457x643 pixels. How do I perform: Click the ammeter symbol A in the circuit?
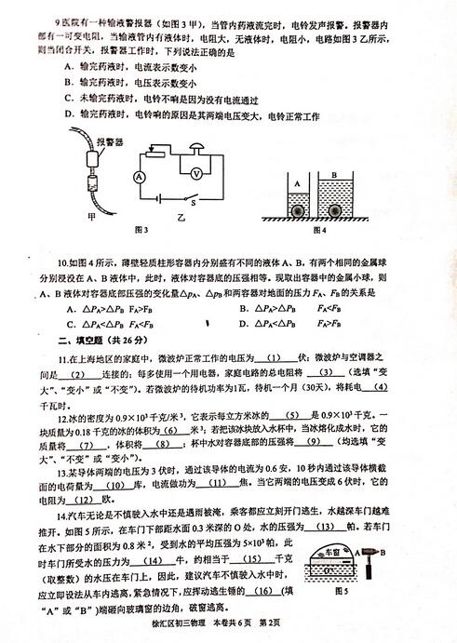tap(137, 175)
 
